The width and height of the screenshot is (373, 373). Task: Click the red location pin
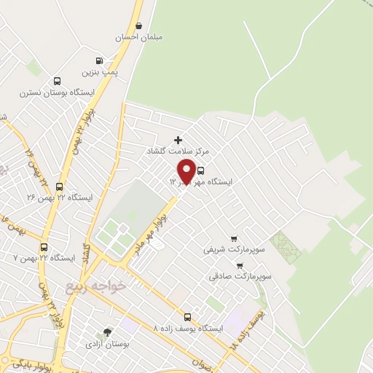[186, 170]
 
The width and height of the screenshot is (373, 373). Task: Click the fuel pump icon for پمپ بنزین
[99, 61]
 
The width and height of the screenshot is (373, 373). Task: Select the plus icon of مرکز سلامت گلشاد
[178, 139]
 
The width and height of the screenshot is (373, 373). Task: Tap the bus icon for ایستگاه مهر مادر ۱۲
[201, 170]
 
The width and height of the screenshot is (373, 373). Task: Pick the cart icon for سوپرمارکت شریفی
[233, 238]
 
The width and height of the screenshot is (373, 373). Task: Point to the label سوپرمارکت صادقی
[240, 277]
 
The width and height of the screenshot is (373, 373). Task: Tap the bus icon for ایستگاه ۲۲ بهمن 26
[60, 186]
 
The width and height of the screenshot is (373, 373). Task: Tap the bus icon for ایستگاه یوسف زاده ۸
[188, 317]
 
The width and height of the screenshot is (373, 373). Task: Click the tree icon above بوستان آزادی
[109, 331]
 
